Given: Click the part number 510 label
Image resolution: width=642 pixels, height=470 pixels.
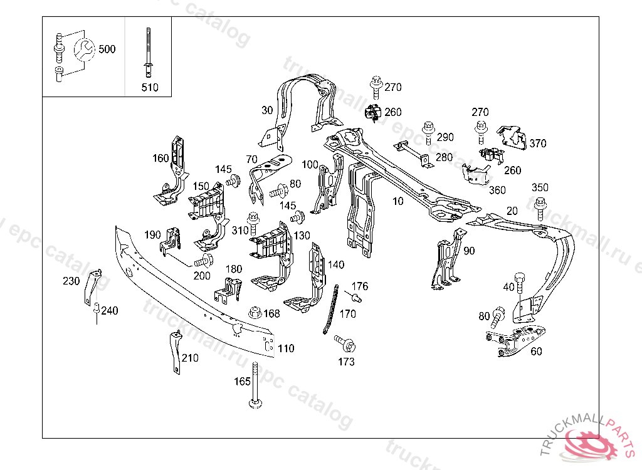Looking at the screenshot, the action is click(x=149, y=87).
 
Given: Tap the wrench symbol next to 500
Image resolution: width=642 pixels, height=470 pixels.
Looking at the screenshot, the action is click(x=85, y=50).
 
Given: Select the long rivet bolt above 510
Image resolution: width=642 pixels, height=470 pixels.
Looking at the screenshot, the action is click(x=148, y=52).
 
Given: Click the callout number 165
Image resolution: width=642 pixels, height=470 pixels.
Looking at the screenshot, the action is click(x=242, y=382).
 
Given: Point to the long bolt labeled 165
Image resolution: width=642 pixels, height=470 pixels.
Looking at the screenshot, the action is click(x=255, y=385).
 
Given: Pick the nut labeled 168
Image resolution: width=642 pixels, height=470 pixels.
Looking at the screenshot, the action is click(x=255, y=313).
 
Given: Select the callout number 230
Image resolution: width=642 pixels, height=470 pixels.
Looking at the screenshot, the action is click(x=71, y=281).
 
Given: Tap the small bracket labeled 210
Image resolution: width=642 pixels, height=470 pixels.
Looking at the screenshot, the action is click(x=176, y=352).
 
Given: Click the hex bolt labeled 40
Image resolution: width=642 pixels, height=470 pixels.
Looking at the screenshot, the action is click(x=520, y=282).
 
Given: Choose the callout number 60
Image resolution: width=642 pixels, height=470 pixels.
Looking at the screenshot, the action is click(x=536, y=352).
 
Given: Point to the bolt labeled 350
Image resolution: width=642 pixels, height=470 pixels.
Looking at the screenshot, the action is click(x=540, y=209).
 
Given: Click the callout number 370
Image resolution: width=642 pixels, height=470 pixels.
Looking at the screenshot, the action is click(x=537, y=144).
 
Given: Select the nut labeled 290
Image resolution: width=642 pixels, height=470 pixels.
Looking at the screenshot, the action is click(x=428, y=132).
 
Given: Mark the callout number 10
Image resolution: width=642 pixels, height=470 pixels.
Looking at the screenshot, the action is click(x=397, y=201).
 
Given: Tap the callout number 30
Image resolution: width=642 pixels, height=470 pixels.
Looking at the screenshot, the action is click(x=267, y=110).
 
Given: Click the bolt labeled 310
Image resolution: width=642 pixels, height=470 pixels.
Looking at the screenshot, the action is click(x=253, y=223).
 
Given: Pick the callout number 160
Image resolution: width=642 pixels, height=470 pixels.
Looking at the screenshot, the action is click(x=160, y=158).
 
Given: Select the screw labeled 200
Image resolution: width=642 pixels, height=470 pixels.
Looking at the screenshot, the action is click(x=204, y=261).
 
